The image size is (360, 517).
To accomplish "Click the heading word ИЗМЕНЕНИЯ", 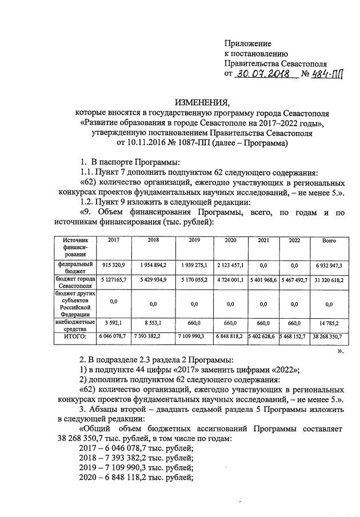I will pyautogui.click(x=201, y=103).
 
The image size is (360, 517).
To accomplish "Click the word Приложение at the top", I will pyautogui.click(x=247, y=43).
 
